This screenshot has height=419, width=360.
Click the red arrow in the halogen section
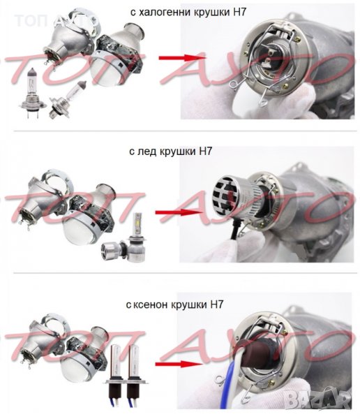pos(182,58)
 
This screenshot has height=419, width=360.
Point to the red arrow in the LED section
pos(179,212)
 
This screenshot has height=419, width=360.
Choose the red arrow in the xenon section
pos(179,364)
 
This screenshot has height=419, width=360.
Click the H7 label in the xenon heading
pos(216,304)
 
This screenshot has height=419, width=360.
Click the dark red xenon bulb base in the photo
pos(255,351)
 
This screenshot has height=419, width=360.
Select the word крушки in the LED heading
pos(178,152)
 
